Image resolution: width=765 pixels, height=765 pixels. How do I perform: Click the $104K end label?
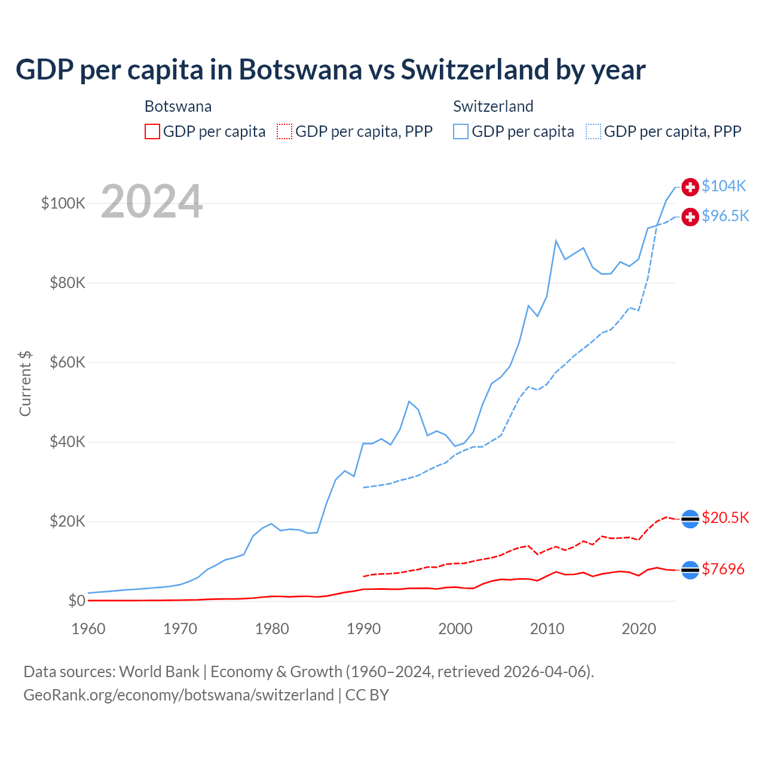coord(724,186)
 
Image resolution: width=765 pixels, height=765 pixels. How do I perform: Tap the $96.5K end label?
coord(725,216)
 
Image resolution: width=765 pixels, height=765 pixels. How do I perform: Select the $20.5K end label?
coord(725,518)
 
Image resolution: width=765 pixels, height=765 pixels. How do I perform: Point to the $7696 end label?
coord(723,569)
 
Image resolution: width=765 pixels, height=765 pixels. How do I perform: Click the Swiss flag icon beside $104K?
coord(690,187)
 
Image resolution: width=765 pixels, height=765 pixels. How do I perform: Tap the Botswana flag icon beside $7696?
coord(690,570)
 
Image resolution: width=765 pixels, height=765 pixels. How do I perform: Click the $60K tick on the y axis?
coord(68,362)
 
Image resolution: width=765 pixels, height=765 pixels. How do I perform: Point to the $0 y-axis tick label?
coord(76,601)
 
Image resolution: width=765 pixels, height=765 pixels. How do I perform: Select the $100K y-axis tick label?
coord(63,203)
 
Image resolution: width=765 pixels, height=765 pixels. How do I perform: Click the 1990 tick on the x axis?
coord(363,629)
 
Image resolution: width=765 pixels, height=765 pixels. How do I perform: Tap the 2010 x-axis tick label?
coord(547,629)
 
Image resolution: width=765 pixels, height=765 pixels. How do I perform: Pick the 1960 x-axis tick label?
coord(88,629)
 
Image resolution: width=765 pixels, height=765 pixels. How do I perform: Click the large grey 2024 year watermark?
coord(152,201)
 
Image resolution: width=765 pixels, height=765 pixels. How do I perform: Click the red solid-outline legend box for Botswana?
coord(152,131)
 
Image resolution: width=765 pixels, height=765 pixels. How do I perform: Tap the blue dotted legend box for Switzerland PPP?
coord(593,131)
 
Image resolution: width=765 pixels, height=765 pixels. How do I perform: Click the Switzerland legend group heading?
coord(493,106)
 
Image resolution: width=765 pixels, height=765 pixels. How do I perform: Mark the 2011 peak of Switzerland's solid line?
coord(556,241)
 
